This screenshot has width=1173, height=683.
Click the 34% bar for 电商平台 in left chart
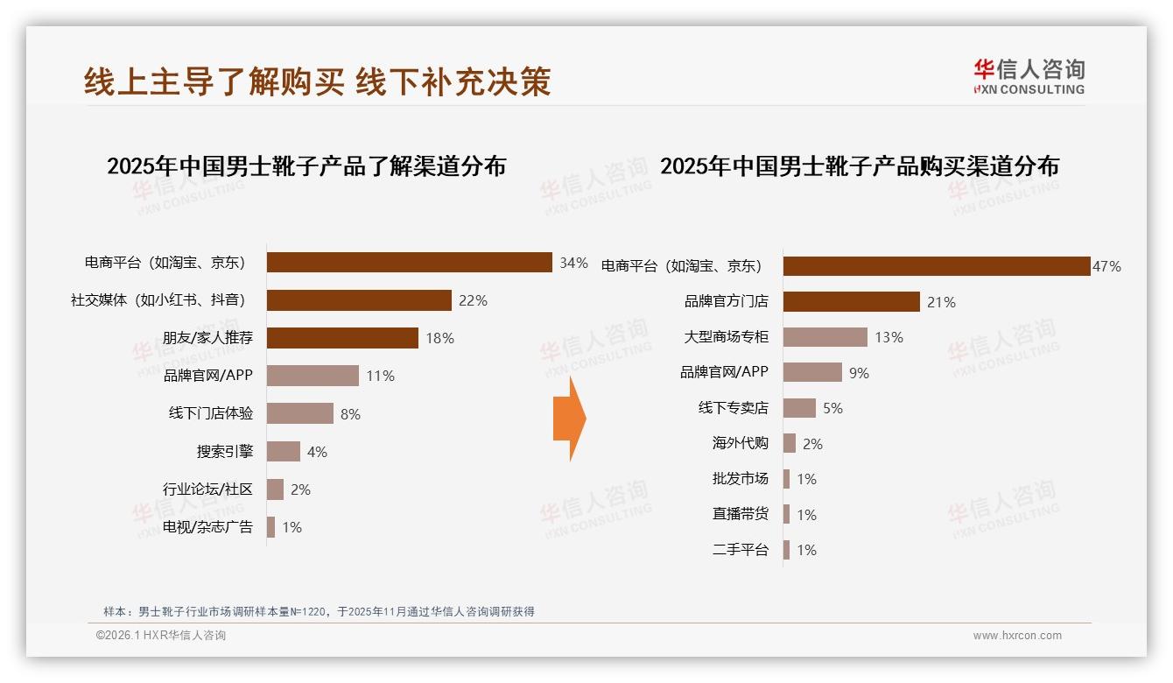click(x=409, y=263)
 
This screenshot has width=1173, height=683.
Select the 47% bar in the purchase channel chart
click(x=936, y=266)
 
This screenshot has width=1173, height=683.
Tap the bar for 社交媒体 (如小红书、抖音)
click(x=359, y=300)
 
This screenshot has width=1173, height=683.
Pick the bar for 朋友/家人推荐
click(x=342, y=338)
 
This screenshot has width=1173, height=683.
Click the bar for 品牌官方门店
click(x=851, y=302)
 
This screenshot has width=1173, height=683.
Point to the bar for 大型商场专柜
click(x=825, y=337)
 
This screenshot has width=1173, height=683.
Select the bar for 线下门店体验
click(x=299, y=413)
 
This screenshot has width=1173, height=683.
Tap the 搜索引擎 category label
click(x=224, y=452)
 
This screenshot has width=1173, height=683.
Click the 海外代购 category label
click(x=740, y=443)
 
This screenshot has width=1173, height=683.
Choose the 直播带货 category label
click(x=740, y=514)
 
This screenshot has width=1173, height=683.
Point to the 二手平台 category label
click(x=740, y=550)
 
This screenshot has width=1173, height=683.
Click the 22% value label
click(x=473, y=300)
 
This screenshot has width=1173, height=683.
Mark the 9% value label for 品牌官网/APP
click(x=859, y=373)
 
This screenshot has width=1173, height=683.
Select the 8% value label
click(x=350, y=414)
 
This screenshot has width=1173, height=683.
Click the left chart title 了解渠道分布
click(x=306, y=166)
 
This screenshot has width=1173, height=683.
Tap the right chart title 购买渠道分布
click(x=859, y=166)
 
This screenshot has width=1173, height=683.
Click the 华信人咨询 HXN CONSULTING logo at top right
click(x=1029, y=76)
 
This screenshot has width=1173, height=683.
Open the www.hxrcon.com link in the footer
click(x=1017, y=636)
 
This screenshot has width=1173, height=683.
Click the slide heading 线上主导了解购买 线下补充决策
click(x=318, y=81)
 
